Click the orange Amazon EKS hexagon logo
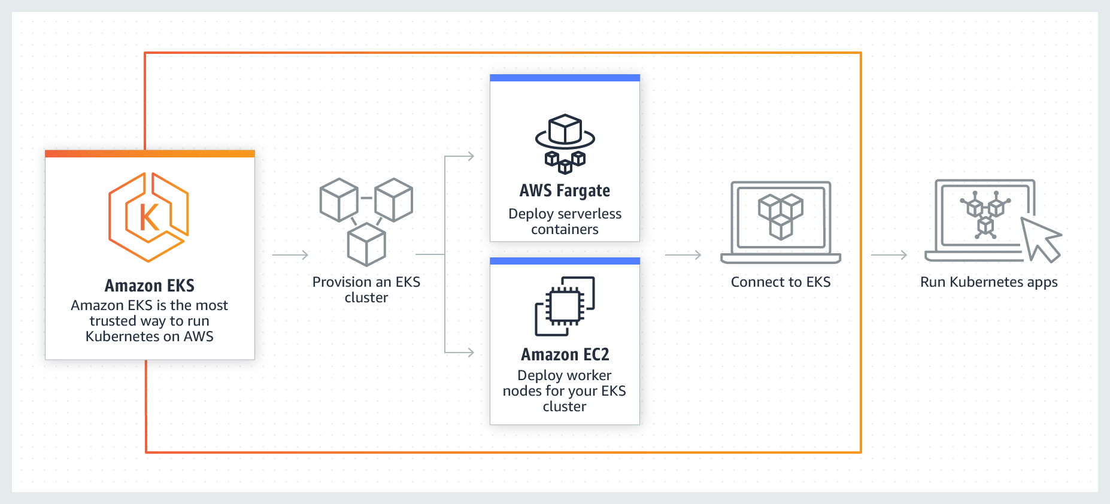click(x=148, y=217)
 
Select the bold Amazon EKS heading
click(x=150, y=286)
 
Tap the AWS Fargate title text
click(x=565, y=191)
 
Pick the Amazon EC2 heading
click(x=565, y=354)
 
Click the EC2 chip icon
click(x=565, y=306)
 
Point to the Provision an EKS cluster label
click(x=366, y=290)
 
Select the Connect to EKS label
click(x=781, y=282)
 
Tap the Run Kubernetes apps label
click(x=988, y=282)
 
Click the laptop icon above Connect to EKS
click(x=781, y=221)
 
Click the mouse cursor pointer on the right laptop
click(x=1041, y=239)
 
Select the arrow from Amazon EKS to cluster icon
click(x=290, y=255)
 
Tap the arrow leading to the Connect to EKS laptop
click(x=683, y=255)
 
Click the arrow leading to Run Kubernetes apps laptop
click(x=889, y=255)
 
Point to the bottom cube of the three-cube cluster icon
click(x=366, y=245)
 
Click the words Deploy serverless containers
click(x=565, y=221)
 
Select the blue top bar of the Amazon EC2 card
click(x=565, y=261)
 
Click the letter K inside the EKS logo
click(x=149, y=217)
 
